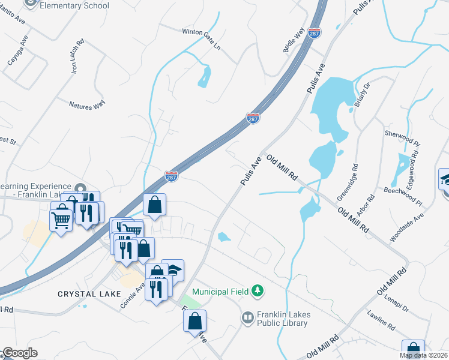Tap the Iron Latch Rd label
click(74, 57)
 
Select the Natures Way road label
click(87, 104)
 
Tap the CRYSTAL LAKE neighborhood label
click(89, 294)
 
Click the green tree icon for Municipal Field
click(258, 291)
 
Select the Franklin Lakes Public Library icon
click(247, 317)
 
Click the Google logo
click(20, 353)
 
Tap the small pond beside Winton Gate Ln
click(205, 76)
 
